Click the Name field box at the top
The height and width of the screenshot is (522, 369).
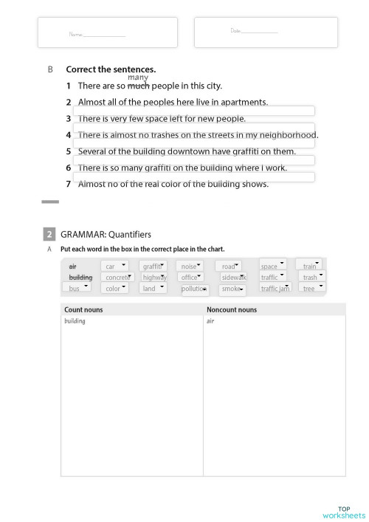(x=107, y=33)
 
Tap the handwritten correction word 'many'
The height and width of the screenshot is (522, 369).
(x=138, y=78)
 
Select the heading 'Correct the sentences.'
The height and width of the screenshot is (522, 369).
(x=111, y=69)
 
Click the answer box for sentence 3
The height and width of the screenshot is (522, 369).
(x=193, y=127)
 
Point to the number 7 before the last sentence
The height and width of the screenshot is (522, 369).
(x=69, y=184)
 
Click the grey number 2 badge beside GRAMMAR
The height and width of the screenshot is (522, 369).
(x=49, y=235)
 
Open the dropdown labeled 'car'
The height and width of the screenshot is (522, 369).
(x=114, y=266)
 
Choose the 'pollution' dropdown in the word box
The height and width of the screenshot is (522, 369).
(x=195, y=289)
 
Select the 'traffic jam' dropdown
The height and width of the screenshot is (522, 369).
(x=275, y=288)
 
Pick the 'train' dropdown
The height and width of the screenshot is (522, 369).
(x=309, y=265)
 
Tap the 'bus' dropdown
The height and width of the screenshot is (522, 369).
(x=78, y=288)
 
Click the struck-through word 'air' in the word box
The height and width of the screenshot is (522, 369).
(x=72, y=267)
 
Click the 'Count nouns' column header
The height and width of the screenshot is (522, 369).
(x=83, y=310)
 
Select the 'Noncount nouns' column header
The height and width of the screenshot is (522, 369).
(x=232, y=310)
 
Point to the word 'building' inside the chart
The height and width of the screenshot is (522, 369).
(x=75, y=322)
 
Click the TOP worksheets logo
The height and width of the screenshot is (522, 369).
(x=343, y=512)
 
